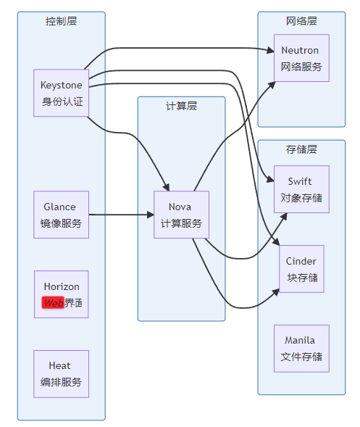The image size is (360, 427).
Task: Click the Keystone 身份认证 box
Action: click(x=62, y=93)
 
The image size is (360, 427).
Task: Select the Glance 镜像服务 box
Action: click(x=62, y=215)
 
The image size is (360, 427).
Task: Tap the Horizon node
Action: click(x=62, y=294)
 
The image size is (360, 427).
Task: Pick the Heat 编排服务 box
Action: click(x=62, y=374)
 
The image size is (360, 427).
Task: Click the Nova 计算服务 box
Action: click(x=182, y=215)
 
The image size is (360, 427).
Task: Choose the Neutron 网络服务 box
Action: click(x=301, y=58)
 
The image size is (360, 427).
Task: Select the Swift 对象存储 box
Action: click(x=301, y=189)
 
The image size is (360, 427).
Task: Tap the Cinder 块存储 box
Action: click(x=301, y=269)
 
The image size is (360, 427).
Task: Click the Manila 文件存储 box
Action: click(x=301, y=348)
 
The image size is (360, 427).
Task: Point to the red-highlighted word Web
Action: click(x=53, y=302)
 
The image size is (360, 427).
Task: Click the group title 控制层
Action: click(x=62, y=21)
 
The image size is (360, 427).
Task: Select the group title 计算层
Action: click(x=182, y=106)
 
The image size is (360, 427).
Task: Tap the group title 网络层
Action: click(x=301, y=21)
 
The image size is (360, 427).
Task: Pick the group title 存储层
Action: click(x=301, y=149)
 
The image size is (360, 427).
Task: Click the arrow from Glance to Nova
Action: click(x=122, y=215)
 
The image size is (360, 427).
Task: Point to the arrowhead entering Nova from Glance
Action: click(x=151, y=215)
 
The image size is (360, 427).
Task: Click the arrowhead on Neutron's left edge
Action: click(x=270, y=50)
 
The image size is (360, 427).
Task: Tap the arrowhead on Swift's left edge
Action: click(x=270, y=180)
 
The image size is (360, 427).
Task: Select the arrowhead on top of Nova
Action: click(x=167, y=187)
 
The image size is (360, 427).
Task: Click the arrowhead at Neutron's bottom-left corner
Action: click(x=272, y=85)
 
